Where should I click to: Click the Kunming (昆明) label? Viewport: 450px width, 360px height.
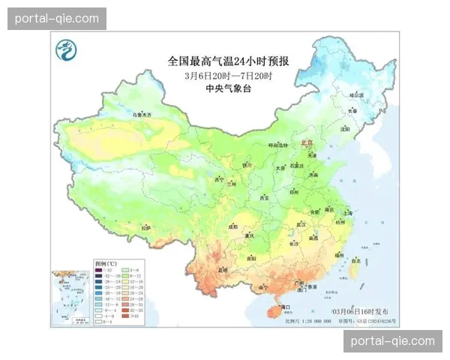(x=222, y=269)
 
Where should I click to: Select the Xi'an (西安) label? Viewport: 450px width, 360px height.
(x=263, y=198)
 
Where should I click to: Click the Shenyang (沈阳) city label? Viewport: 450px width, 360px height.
(x=345, y=128)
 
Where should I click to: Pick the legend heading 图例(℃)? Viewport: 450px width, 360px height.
(x=105, y=264)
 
